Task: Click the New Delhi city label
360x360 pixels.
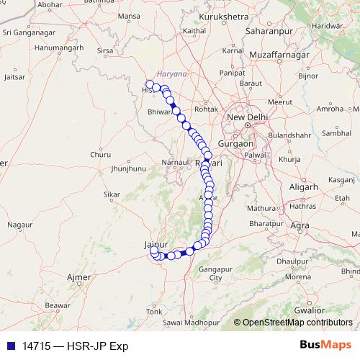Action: [x=246, y=117]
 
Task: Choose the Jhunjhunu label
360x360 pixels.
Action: [x=129, y=169]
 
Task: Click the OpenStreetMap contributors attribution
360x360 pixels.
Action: [x=297, y=323]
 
